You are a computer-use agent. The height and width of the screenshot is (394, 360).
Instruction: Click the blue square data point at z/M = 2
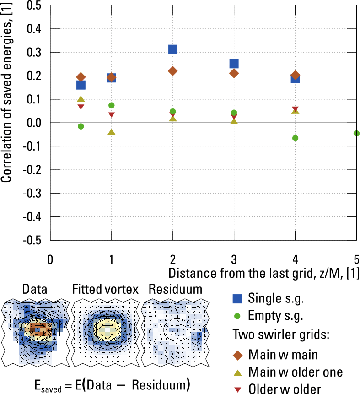173,49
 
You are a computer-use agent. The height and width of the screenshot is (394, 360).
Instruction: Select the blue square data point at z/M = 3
234,64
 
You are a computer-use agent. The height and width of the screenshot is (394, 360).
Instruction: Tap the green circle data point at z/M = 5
356,134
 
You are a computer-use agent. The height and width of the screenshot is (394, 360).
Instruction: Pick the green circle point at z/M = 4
295,138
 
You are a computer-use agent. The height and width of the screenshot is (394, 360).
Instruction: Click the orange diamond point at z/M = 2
173,71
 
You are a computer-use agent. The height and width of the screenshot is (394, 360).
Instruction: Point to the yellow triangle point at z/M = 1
111,132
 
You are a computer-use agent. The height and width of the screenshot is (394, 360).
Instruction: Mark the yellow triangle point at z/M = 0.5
81,99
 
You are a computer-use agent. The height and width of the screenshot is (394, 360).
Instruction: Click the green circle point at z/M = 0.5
81,126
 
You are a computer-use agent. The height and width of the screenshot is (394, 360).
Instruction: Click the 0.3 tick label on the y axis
34,53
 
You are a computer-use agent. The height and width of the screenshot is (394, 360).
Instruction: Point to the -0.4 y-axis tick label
32,217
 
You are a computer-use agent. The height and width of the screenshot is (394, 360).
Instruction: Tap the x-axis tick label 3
234,259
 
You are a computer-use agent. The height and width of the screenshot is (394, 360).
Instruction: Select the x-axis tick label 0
50,259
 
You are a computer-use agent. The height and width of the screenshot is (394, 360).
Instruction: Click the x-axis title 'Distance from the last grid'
242,273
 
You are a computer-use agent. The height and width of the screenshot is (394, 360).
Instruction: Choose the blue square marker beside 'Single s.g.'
237,298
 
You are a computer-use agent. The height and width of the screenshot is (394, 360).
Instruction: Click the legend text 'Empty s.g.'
275,316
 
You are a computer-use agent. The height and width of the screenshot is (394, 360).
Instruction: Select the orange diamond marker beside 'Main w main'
238,355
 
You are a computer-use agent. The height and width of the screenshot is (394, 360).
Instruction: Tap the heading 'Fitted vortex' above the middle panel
105,290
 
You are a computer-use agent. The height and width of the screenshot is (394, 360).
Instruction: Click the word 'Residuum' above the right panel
175,290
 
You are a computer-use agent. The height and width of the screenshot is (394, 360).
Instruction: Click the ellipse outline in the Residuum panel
164,329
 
